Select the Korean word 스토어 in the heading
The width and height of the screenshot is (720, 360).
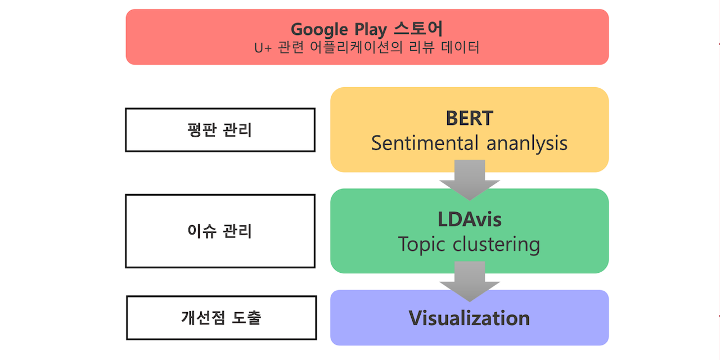(x=424, y=29)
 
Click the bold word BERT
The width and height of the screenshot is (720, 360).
(x=469, y=119)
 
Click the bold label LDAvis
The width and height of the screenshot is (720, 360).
(x=469, y=219)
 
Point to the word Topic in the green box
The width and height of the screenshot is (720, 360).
(x=422, y=244)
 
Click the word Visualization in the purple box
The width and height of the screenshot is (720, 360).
(x=469, y=318)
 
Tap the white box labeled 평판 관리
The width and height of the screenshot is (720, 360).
(x=220, y=130)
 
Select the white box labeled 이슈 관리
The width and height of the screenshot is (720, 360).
(x=220, y=231)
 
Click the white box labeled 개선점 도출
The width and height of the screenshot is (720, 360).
(x=221, y=318)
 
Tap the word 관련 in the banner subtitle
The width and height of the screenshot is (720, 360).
(x=291, y=48)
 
